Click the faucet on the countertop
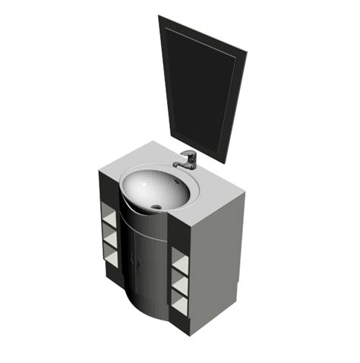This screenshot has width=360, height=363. click(187, 159)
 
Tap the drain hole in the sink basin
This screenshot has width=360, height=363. click(156, 206)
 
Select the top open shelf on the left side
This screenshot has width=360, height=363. click(109, 221)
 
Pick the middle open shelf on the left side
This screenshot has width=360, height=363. click(109, 241)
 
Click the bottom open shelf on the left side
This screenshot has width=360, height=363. click(110, 258)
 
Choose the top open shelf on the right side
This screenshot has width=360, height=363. click(180, 262)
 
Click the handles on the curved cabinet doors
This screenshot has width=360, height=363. click(136, 259)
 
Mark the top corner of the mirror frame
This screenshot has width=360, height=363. click(161, 17)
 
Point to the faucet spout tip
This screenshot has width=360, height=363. click(176, 165)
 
